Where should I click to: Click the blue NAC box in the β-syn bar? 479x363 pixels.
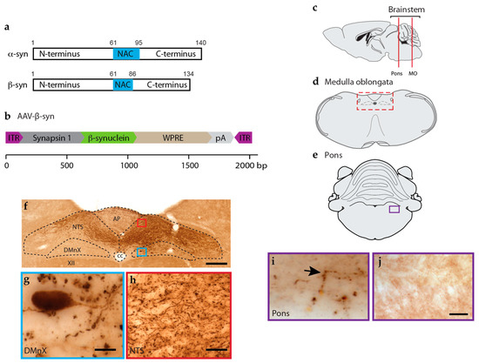pyautogui.click(x=123, y=85)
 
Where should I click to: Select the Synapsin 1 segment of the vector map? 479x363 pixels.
pyautogui.click(x=52, y=138)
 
